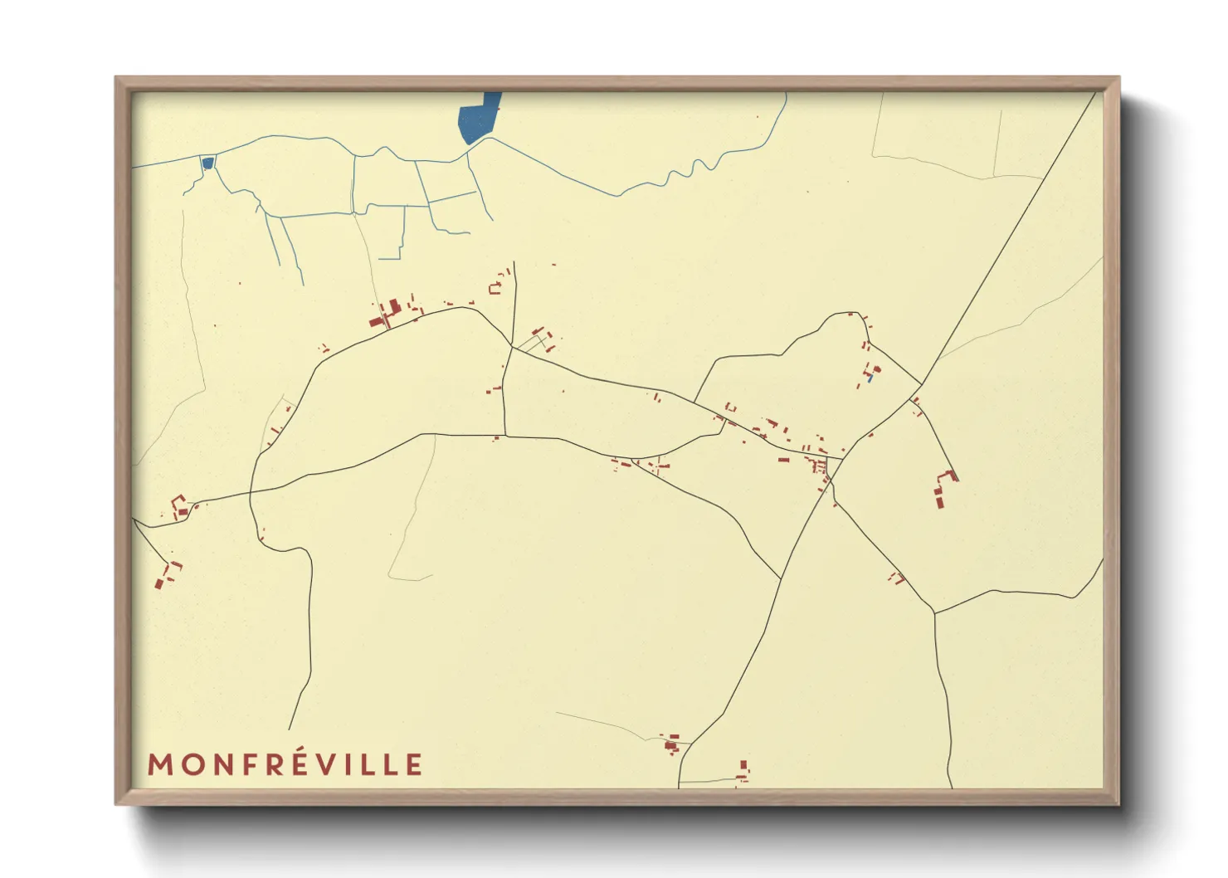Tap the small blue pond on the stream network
207,163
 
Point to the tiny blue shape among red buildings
869,378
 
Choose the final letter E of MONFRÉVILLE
414,764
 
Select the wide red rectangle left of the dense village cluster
782,458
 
